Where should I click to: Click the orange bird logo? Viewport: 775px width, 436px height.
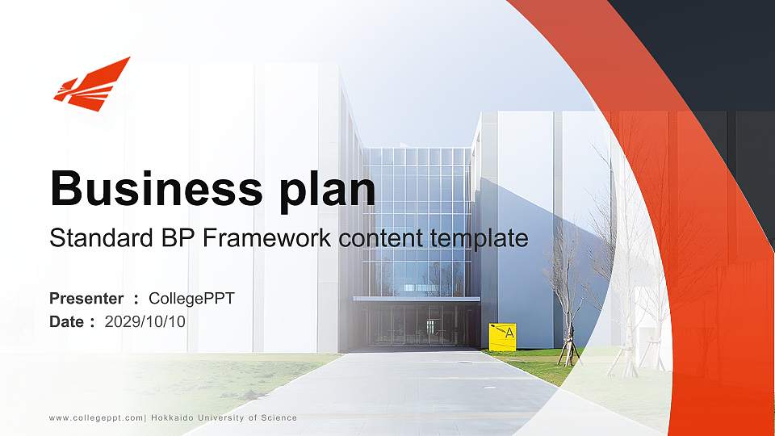(x=90, y=84)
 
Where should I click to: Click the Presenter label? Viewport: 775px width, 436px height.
(x=86, y=299)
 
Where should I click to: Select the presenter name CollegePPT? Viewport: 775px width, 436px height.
(x=191, y=299)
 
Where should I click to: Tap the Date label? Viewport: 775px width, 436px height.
(x=67, y=322)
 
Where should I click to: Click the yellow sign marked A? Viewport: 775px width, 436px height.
(x=502, y=336)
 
